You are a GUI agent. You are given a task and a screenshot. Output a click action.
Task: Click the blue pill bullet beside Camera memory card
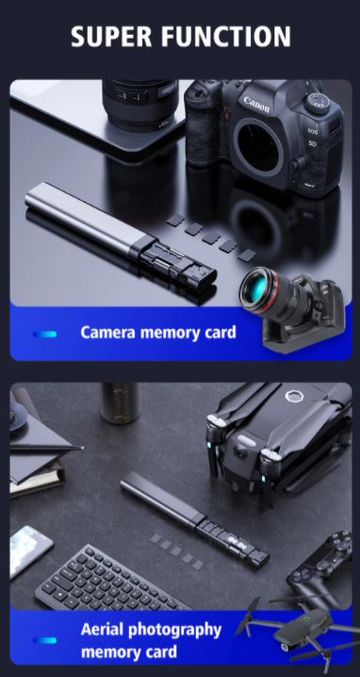45,333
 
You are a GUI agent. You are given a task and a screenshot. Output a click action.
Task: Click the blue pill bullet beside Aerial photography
45,640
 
